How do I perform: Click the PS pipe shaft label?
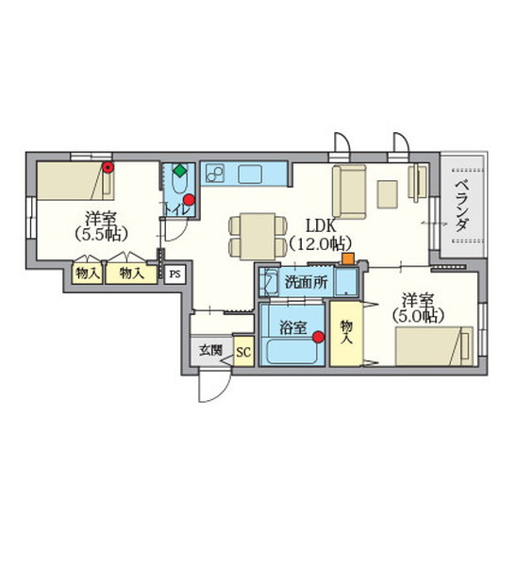(x=175, y=275)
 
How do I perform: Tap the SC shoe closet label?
(x=243, y=351)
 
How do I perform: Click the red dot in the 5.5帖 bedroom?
(x=108, y=167)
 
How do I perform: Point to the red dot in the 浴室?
(x=318, y=337)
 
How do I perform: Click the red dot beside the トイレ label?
(x=189, y=200)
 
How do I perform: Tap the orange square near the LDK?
(x=348, y=258)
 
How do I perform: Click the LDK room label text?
(x=321, y=226)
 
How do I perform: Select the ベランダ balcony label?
(x=461, y=206)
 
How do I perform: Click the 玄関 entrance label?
(x=211, y=350)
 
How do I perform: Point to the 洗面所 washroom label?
(x=307, y=282)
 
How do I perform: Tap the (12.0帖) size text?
(x=320, y=244)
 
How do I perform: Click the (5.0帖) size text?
(x=417, y=316)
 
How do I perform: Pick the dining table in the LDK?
(x=258, y=237)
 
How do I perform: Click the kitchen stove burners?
(x=215, y=174)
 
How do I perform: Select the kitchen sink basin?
(x=250, y=174)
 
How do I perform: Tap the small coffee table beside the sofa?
(x=388, y=194)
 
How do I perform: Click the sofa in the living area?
(x=349, y=192)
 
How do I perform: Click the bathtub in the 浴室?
(x=292, y=351)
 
